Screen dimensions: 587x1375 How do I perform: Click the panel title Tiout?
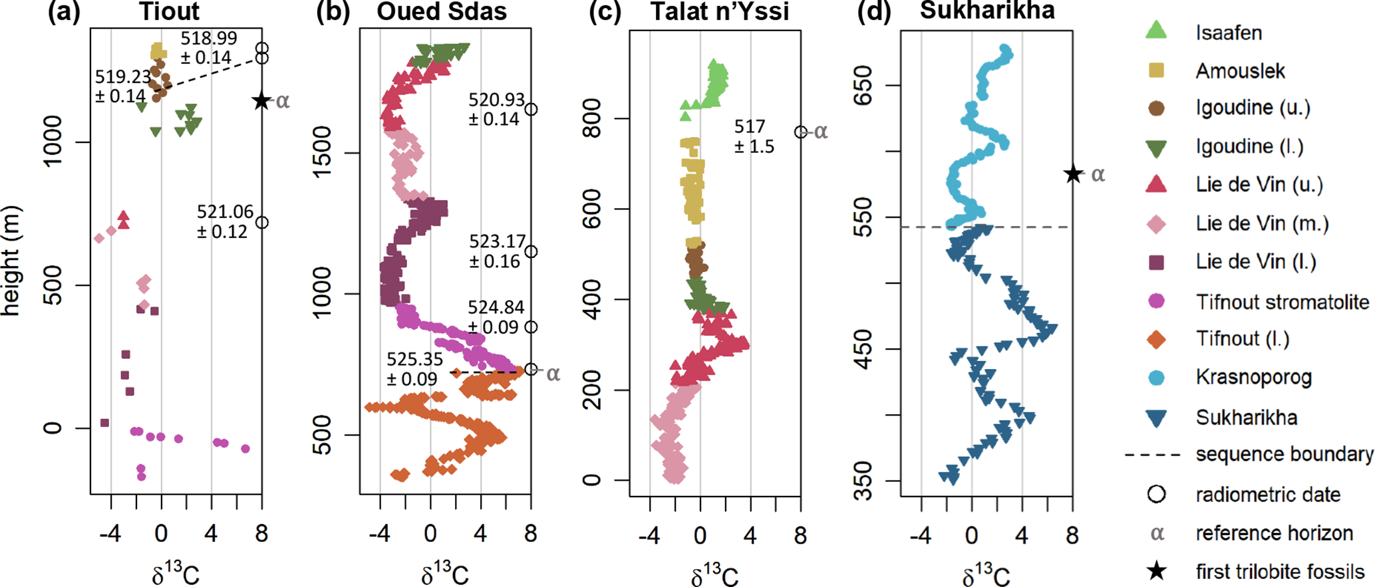[169, 11]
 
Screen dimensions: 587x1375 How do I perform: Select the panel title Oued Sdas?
[441, 11]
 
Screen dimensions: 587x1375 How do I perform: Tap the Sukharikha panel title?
[987, 10]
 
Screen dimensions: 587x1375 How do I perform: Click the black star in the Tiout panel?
[261, 101]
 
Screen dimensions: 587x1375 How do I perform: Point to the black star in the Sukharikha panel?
[1073, 174]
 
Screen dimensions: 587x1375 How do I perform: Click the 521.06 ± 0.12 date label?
[225, 221]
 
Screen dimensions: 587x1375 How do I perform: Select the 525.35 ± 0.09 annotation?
[414, 369]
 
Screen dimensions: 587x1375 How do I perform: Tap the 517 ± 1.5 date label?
[754, 136]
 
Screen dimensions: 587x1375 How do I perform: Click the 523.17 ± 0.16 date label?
[497, 251]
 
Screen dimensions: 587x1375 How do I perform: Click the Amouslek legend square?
[1157, 70]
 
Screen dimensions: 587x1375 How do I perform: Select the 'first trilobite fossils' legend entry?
[1279, 571]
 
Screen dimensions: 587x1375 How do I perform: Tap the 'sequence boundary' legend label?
[1284, 455]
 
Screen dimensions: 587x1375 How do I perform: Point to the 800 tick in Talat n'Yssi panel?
[593, 118]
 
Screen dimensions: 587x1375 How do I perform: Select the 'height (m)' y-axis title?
[11, 261]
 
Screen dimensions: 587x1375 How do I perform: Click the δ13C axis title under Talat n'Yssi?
[714, 574]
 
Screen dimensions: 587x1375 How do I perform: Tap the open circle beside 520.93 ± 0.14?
[531, 109]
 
